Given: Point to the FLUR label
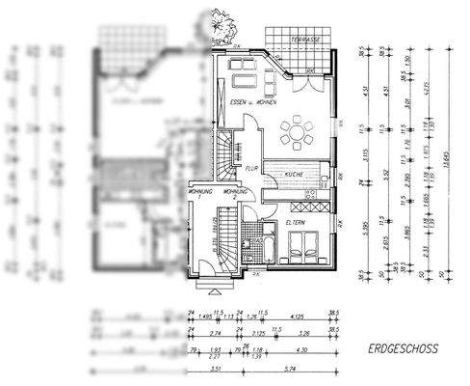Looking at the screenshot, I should coord(252,167).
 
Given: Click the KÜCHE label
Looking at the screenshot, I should coord(294,174).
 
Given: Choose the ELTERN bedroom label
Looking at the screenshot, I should coord(294,224).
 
